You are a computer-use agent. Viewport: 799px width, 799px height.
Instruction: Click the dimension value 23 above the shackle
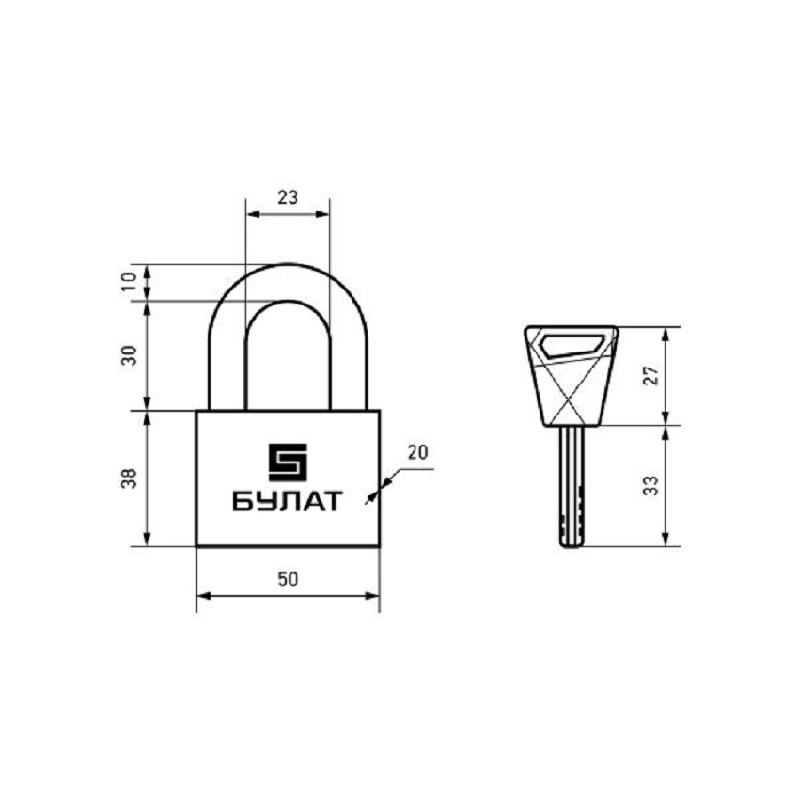click(288, 197)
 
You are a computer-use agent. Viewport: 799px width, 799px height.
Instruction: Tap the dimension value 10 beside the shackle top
click(130, 281)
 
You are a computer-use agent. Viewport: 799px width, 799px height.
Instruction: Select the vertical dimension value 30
click(130, 355)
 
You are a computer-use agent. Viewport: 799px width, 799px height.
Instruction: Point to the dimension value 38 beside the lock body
click(130, 478)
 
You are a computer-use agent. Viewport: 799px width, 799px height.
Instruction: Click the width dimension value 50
click(288, 579)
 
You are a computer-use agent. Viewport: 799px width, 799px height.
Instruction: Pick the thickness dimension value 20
click(418, 452)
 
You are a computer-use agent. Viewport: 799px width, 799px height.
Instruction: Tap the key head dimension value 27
click(651, 376)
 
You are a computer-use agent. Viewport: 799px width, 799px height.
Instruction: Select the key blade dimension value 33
click(651, 486)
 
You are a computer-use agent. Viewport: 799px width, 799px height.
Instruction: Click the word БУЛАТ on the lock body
click(288, 501)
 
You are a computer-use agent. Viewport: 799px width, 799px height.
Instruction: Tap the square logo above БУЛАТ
click(288, 462)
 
